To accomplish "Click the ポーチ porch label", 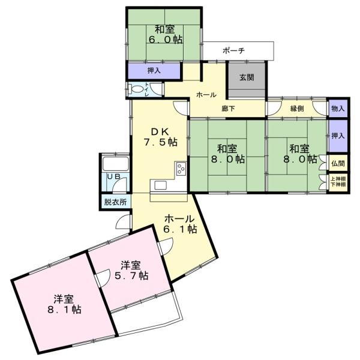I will (x=233, y=51).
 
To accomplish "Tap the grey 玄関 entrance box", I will (x=247, y=78).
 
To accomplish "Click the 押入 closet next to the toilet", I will (x=154, y=71).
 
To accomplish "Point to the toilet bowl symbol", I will (x=138, y=90).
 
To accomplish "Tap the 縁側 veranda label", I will (x=298, y=109).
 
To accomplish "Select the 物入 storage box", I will (x=338, y=109).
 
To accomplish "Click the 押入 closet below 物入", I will (x=338, y=136).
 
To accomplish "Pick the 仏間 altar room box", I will (x=338, y=163).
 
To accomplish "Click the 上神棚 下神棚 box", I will (x=338, y=181).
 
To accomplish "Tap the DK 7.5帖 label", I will (x=160, y=137).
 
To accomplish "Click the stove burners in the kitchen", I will (x=181, y=169).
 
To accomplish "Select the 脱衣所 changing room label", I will (x=115, y=202).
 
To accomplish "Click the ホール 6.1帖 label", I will (x=180, y=223).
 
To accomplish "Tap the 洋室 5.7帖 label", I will (x=133, y=270).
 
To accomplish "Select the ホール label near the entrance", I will (x=206, y=95).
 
